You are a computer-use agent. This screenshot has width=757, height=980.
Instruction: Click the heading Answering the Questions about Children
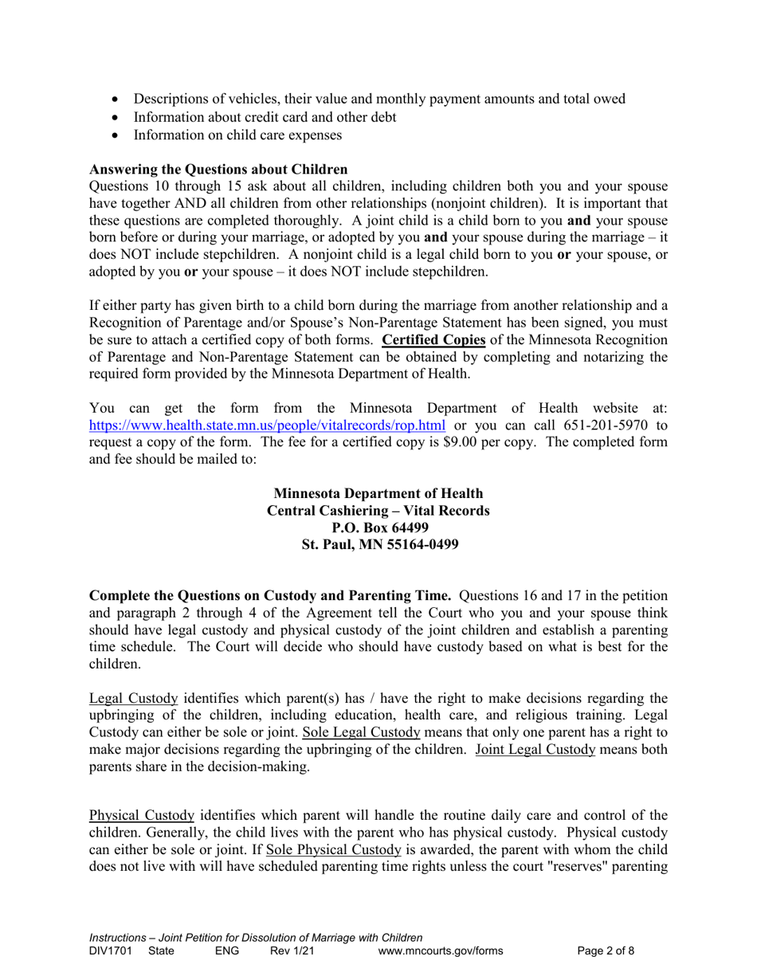pos(218,169)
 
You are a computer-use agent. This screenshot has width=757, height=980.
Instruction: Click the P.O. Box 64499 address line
pos(378,527)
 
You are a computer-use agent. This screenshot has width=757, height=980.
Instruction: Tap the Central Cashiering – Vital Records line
pos(378,510)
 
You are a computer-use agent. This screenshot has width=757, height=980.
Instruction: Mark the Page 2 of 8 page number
pos(606,950)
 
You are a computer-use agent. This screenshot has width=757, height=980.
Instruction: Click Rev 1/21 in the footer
pos(292,950)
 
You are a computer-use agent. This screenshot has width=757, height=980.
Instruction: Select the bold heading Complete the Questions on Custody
pos(271,595)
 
